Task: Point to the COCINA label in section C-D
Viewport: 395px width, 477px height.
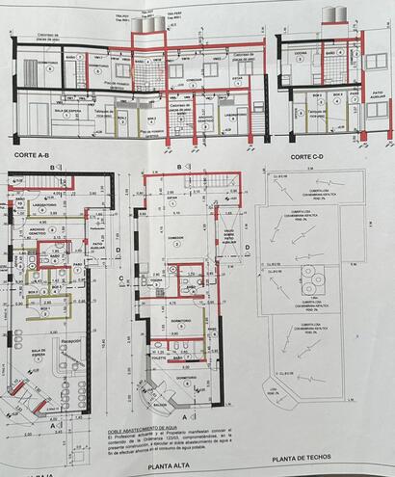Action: (300, 54)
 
